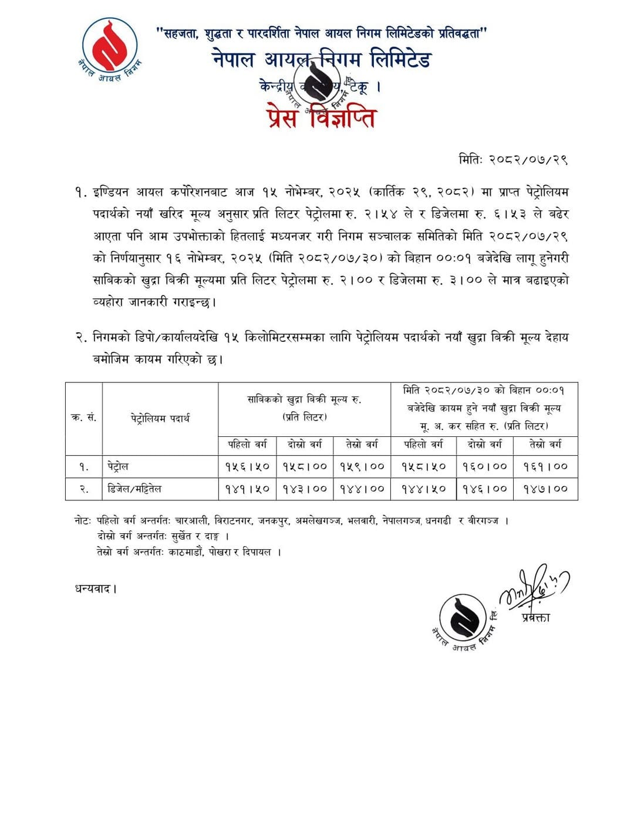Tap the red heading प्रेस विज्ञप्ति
tap(321, 116)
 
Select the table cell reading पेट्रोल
tap(118, 467)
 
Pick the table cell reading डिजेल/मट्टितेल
tap(134, 489)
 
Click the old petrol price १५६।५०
tap(247, 467)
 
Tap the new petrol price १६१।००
tap(545, 467)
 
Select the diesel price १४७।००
tap(545, 489)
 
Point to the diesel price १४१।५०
tap(247, 489)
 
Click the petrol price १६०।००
tap(484, 467)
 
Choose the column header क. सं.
tap(84, 418)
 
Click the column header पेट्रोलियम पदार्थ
tap(160, 418)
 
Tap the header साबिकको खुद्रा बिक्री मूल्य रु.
tap(304, 400)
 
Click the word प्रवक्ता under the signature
tap(535, 618)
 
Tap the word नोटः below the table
tap(83, 521)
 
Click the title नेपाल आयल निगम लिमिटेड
tap(322, 59)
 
